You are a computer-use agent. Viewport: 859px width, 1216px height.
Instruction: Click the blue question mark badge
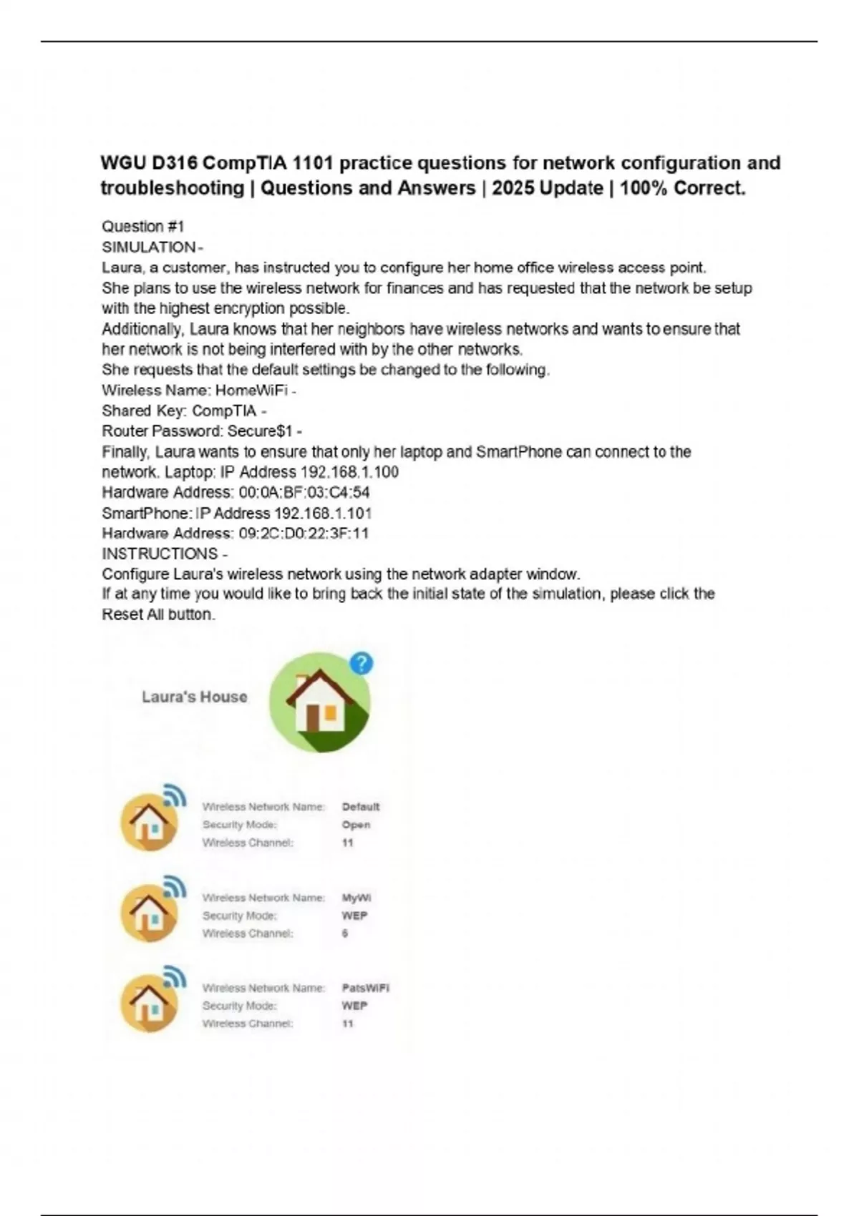(361, 664)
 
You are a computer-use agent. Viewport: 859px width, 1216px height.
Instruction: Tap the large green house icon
(319, 702)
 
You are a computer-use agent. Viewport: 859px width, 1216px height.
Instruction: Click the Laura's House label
(194, 697)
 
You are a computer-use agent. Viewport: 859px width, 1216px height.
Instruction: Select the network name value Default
(361, 807)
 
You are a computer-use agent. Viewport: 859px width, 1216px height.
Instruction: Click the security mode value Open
(356, 825)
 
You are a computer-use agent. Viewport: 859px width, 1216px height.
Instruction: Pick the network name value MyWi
(356, 898)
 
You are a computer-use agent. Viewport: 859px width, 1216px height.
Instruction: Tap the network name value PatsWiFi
(365, 988)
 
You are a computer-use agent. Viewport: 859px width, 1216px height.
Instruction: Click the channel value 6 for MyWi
(345, 933)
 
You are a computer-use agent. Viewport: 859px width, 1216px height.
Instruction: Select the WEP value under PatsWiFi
(354, 1006)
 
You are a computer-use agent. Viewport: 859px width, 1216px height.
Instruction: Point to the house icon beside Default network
(150, 822)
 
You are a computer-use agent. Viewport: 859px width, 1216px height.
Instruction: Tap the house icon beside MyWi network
(150, 913)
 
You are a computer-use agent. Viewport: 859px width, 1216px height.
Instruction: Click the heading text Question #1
(143, 227)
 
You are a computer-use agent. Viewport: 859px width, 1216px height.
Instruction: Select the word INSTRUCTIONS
(160, 554)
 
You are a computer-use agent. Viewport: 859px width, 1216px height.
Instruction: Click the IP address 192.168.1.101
(323, 513)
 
